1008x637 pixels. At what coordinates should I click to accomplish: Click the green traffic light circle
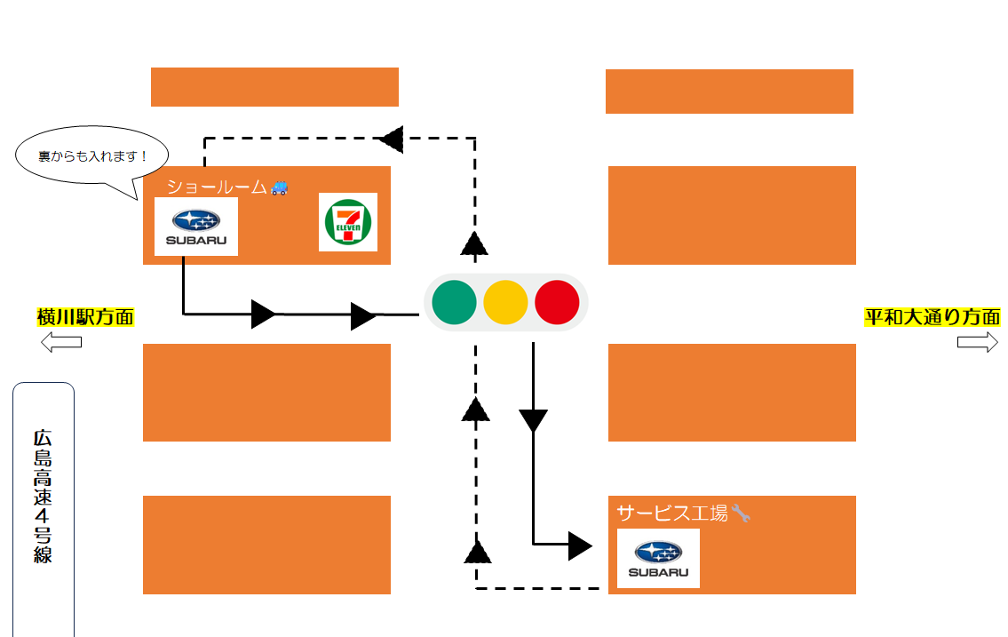point(454,302)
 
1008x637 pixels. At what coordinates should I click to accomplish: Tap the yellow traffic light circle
point(505,302)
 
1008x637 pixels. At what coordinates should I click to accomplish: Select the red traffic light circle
point(557,302)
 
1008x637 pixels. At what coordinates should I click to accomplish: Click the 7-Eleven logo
point(348,222)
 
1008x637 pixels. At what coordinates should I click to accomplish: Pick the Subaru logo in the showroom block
point(196,227)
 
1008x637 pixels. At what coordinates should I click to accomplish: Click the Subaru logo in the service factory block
point(658,558)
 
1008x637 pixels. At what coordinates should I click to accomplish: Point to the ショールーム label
point(217,187)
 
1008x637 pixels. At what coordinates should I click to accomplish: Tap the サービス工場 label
point(672,513)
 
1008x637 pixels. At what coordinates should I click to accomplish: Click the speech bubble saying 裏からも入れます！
point(92,156)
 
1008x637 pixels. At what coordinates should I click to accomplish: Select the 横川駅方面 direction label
point(85,316)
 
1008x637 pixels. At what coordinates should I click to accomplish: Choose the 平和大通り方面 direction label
point(933,316)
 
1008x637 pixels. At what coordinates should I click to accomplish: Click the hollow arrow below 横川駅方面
point(61,342)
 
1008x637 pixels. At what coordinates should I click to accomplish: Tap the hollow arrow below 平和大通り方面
point(977,343)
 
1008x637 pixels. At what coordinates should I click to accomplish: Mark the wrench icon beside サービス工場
point(741,513)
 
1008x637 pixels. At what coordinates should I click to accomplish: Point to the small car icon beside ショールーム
point(280,187)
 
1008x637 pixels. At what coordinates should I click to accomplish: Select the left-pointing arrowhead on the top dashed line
point(392,139)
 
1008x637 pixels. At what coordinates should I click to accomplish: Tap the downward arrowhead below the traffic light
point(533,420)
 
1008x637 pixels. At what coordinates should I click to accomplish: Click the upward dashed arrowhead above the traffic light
point(475,243)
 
